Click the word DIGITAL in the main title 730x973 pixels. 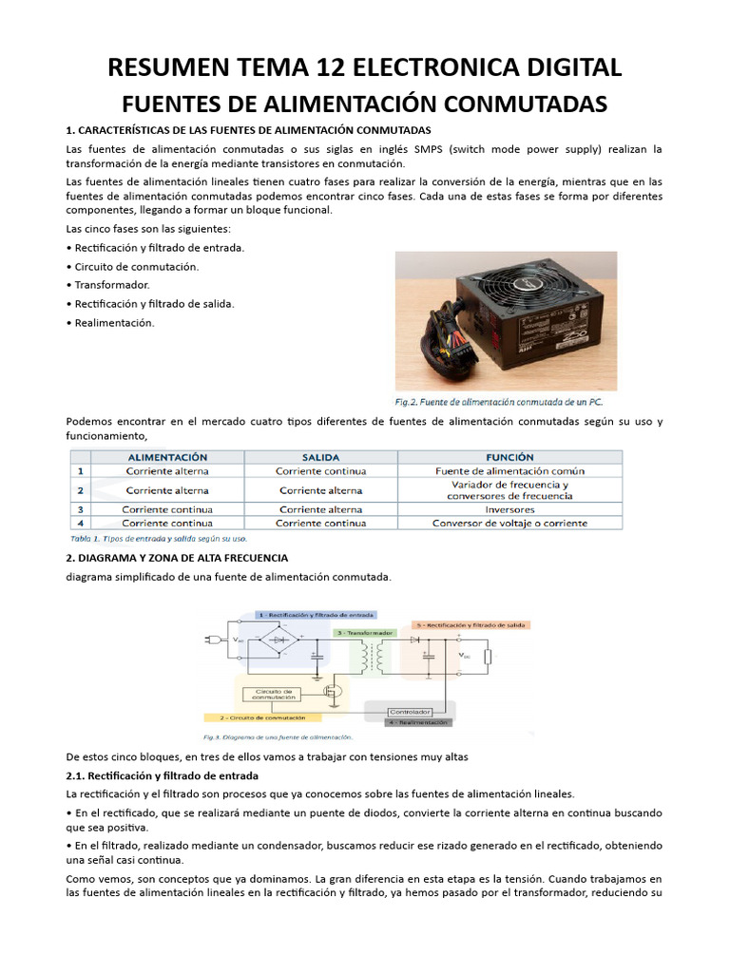point(566,67)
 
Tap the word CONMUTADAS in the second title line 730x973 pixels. point(513,103)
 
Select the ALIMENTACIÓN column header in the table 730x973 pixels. point(167,457)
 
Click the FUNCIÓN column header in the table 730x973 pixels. point(509,457)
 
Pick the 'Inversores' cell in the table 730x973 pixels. point(509,509)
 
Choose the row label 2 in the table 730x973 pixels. point(81,490)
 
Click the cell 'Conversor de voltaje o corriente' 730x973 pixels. point(509,523)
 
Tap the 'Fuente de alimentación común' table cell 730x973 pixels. point(509,470)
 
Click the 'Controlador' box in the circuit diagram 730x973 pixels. point(411,711)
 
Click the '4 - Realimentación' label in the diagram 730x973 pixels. point(418,722)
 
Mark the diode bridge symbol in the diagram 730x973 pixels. point(279,641)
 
